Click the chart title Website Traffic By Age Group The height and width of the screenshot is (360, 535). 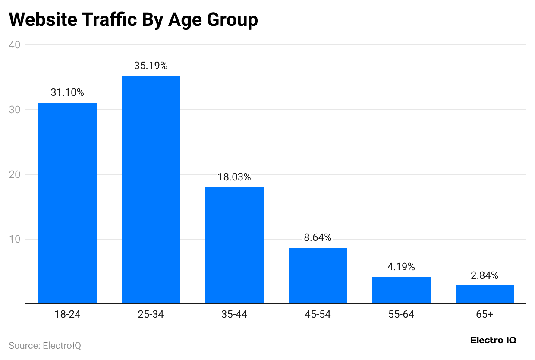(x=133, y=20)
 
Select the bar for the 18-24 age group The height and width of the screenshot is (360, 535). (x=67, y=203)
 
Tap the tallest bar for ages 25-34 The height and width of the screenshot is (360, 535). (x=151, y=190)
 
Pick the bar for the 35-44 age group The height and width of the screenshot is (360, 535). (x=234, y=245)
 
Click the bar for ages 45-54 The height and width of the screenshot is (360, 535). (x=318, y=275)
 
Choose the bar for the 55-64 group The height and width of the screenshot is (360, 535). (x=401, y=290)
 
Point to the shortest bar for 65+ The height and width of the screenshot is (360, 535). (x=485, y=294)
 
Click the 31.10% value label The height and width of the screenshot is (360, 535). (x=67, y=92)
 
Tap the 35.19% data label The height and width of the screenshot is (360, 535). (x=151, y=66)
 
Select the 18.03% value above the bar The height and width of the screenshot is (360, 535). (x=234, y=177)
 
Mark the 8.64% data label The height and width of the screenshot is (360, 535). (x=318, y=237)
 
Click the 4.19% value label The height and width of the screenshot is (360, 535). (x=401, y=267)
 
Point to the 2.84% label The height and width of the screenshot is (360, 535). (x=485, y=275)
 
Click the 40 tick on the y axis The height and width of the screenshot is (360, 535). (x=15, y=45)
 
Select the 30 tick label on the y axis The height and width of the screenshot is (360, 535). (x=15, y=110)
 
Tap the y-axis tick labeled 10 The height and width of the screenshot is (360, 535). (x=15, y=239)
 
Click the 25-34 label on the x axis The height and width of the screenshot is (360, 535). (x=151, y=315)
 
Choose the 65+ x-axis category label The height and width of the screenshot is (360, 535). (x=485, y=315)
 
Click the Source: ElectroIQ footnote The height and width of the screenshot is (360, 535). (x=45, y=346)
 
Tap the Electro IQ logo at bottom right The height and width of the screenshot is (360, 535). (x=493, y=341)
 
